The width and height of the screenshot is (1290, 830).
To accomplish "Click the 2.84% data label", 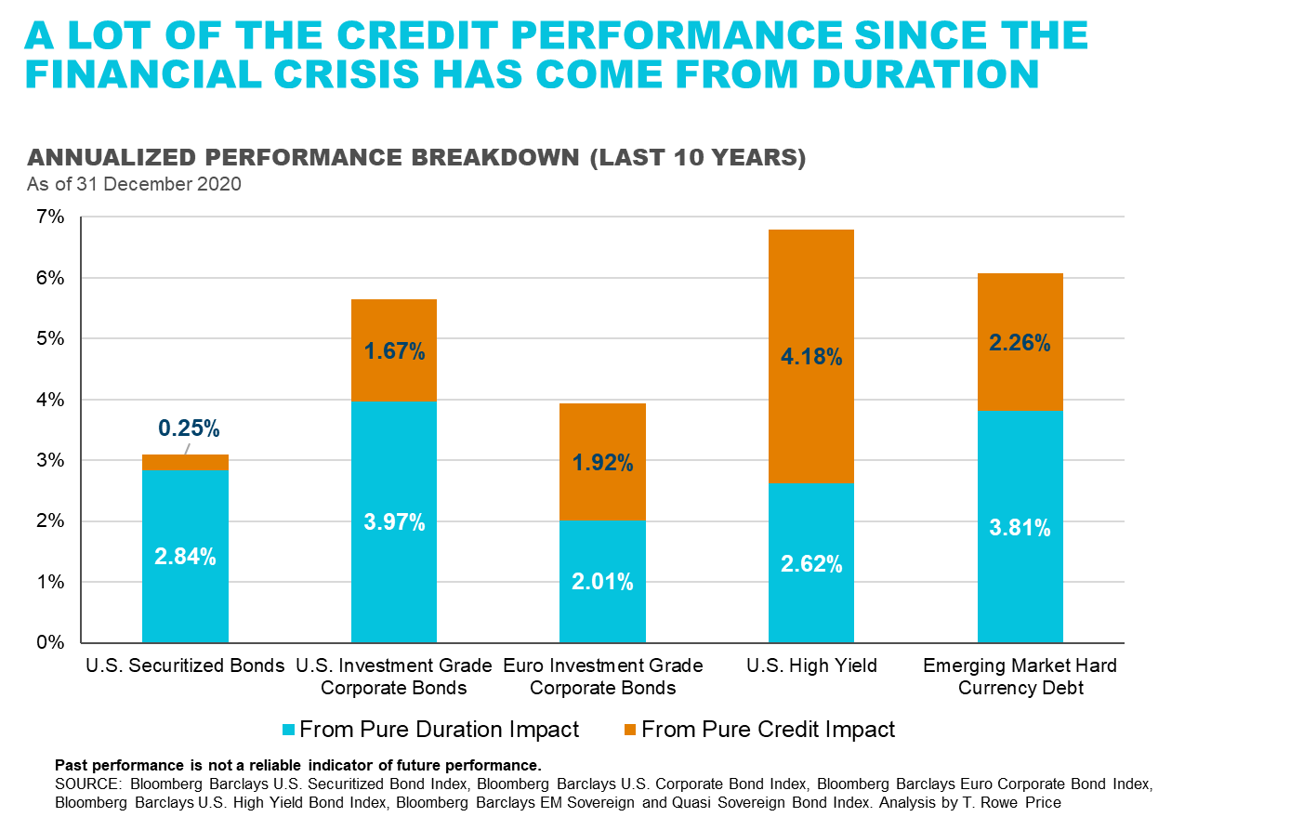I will point(185,557).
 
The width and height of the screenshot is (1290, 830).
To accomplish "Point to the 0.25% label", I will point(189,428).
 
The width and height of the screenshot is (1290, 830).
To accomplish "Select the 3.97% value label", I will point(394,522).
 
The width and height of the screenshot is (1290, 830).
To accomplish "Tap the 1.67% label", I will point(394,351).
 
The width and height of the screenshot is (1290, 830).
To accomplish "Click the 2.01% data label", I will point(602,582).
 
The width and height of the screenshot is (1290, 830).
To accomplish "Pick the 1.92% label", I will point(602,462).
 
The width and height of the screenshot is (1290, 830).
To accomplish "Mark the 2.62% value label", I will point(811,563).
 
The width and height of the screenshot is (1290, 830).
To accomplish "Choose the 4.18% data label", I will point(811,356).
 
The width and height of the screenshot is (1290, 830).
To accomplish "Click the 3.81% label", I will point(1020,528).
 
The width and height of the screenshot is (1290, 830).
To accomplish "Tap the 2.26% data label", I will point(1020,343).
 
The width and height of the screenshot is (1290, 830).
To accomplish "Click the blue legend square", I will point(289,730).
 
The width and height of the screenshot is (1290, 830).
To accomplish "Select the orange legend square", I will point(630,730).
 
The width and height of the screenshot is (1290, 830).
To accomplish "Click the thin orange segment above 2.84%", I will point(185,462).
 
